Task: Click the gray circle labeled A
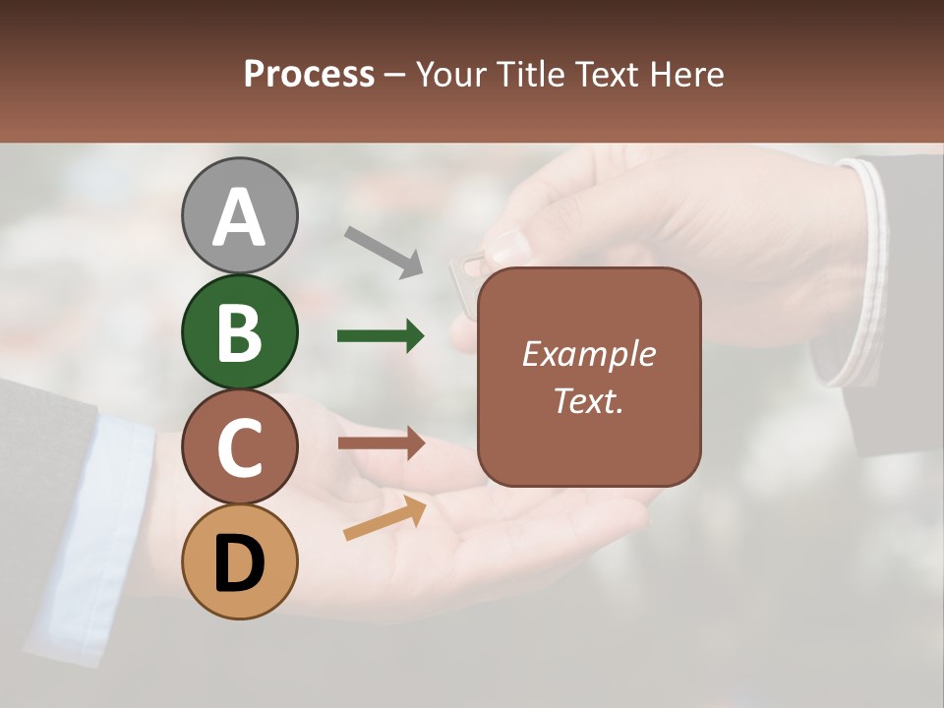(239, 215)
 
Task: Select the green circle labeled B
(239, 331)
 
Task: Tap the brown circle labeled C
(239, 446)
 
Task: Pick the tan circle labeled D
(239, 561)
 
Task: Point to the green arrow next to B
(381, 336)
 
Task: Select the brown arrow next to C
(381, 443)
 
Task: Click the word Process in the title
(309, 74)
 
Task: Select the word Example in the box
(588, 354)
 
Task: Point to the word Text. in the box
(588, 400)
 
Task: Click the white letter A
(239, 217)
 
